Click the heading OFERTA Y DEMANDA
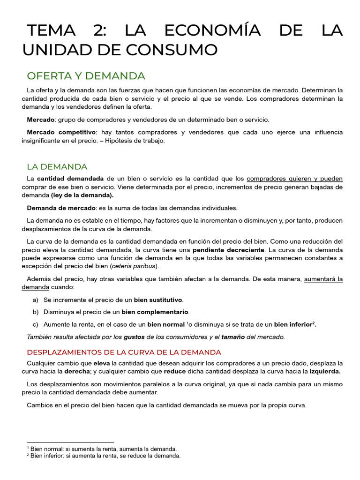[86, 76]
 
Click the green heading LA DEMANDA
[57, 166]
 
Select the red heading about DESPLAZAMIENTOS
[124, 352]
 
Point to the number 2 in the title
[100, 30]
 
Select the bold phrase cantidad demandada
[70, 179]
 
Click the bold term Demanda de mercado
[61, 208]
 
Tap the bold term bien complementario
[155, 312]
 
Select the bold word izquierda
[325, 372]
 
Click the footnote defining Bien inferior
[104, 456]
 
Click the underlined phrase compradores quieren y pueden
[294, 179]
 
